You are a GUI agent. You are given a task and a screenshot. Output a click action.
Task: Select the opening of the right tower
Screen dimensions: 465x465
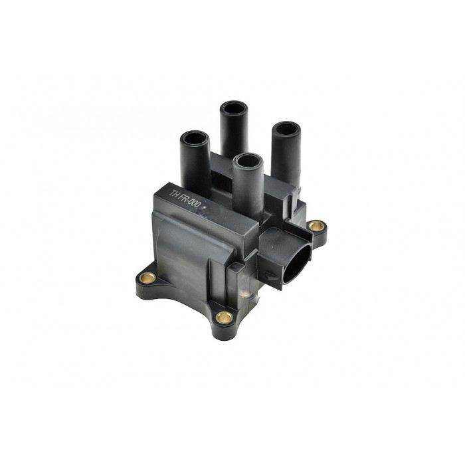point(284,127)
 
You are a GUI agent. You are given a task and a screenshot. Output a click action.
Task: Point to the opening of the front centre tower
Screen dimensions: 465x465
point(246,161)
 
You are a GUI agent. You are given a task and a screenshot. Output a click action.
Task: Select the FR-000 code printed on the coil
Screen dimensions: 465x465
point(193,203)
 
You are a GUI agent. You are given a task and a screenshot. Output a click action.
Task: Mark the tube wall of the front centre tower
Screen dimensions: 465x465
point(246,186)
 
